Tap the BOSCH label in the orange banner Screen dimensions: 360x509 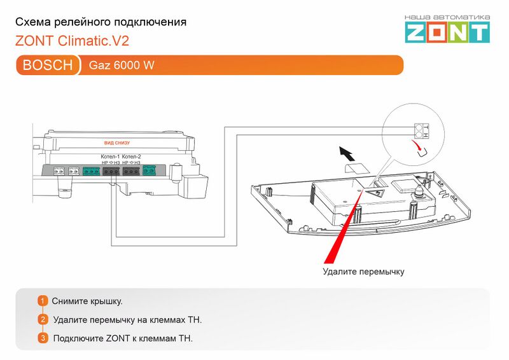(x=47, y=66)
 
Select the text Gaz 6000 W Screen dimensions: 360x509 (x=122, y=66)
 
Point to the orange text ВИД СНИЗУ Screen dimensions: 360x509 (x=116, y=143)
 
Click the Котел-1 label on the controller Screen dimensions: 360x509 (x=110, y=156)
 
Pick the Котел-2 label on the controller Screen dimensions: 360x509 (x=131, y=156)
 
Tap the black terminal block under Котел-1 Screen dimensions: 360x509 (x=111, y=170)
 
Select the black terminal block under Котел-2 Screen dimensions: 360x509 (x=132, y=170)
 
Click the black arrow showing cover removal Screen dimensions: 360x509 (x=347, y=153)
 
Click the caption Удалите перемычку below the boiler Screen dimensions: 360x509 (x=363, y=272)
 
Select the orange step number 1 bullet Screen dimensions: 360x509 (x=43, y=300)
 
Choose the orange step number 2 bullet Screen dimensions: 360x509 (x=43, y=319)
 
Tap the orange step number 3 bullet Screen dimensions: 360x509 (x=43, y=338)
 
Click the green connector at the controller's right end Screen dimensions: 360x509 (x=151, y=170)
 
